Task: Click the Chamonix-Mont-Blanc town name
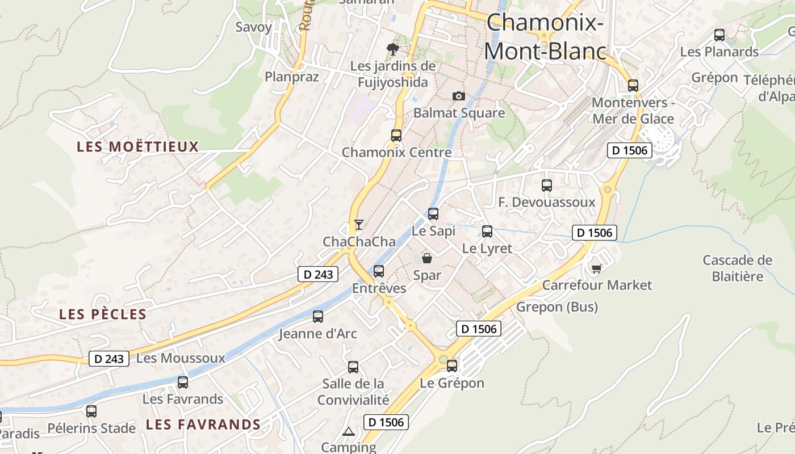[x=544, y=37]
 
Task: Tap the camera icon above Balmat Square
[x=458, y=96]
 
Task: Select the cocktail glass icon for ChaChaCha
[x=358, y=225]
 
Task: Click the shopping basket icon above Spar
[x=427, y=259]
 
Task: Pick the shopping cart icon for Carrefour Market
[x=596, y=268]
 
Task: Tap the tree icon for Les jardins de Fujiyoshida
[x=392, y=49]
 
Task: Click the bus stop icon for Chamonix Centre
[x=396, y=136]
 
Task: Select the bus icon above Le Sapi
[x=433, y=214]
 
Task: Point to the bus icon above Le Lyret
[x=487, y=232]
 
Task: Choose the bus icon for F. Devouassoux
[x=547, y=185]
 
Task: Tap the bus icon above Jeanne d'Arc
[x=318, y=317]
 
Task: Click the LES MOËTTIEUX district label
[x=138, y=147]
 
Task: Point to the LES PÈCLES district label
[x=103, y=314]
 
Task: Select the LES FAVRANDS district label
[x=203, y=424]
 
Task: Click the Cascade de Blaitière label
[x=737, y=268]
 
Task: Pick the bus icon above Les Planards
[x=719, y=35]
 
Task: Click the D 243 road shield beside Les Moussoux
[x=109, y=359]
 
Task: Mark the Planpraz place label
[x=292, y=77]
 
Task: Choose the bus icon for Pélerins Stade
[x=91, y=411]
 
